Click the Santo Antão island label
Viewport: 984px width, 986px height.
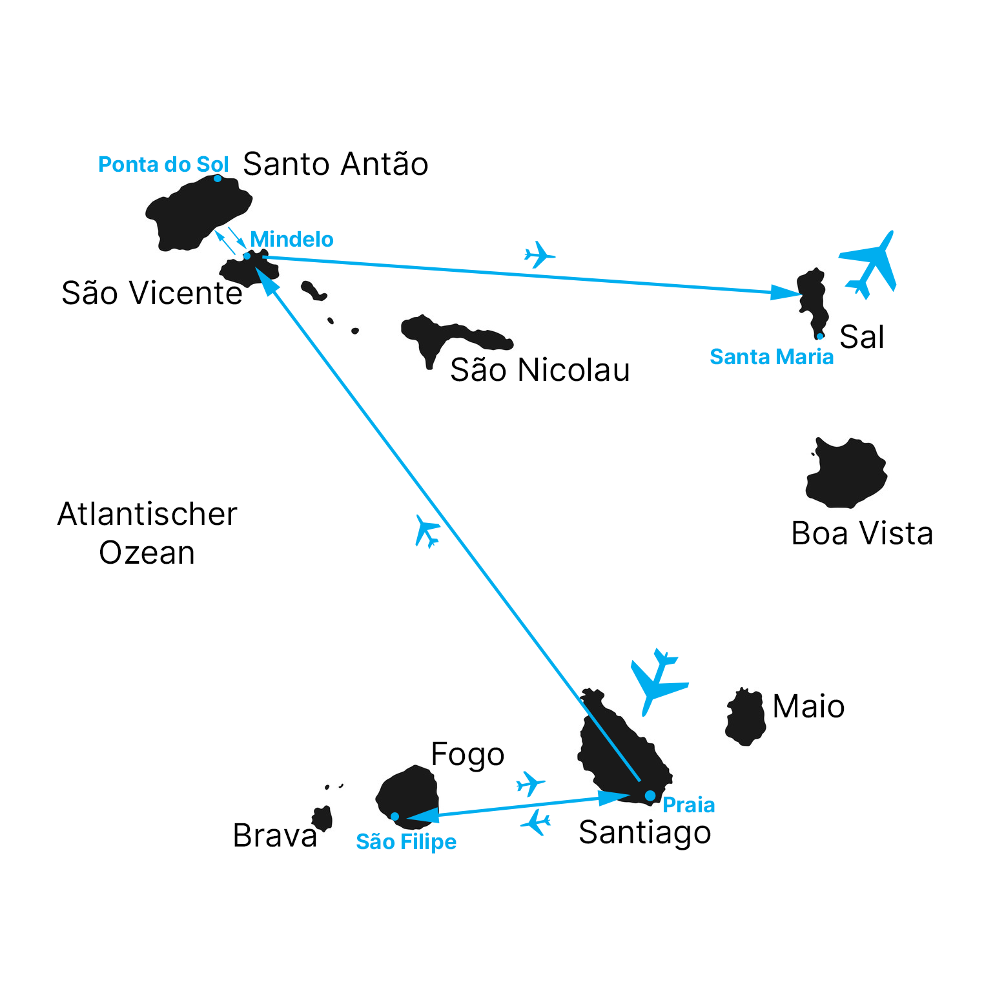tap(336, 164)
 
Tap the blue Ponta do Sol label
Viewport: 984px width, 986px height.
tap(163, 165)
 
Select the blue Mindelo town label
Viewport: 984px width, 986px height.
tap(292, 240)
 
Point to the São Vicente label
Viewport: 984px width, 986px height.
tap(152, 293)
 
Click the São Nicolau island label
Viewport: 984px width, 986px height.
tap(540, 370)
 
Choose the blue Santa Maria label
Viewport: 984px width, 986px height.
tap(772, 357)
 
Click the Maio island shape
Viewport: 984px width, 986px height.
tap(746, 717)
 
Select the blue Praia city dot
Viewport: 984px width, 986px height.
tap(650, 796)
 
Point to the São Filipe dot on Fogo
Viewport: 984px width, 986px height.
tap(395, 817)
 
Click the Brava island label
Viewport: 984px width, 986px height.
tap(275, 836)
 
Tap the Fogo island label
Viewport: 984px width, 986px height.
tap(467, 755)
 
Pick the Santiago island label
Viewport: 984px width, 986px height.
tap(645, 833)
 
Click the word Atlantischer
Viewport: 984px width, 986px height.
tap(147, 515)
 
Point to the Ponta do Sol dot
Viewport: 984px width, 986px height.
tap(218, 178)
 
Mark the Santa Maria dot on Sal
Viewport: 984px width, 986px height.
tap(820, 336)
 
